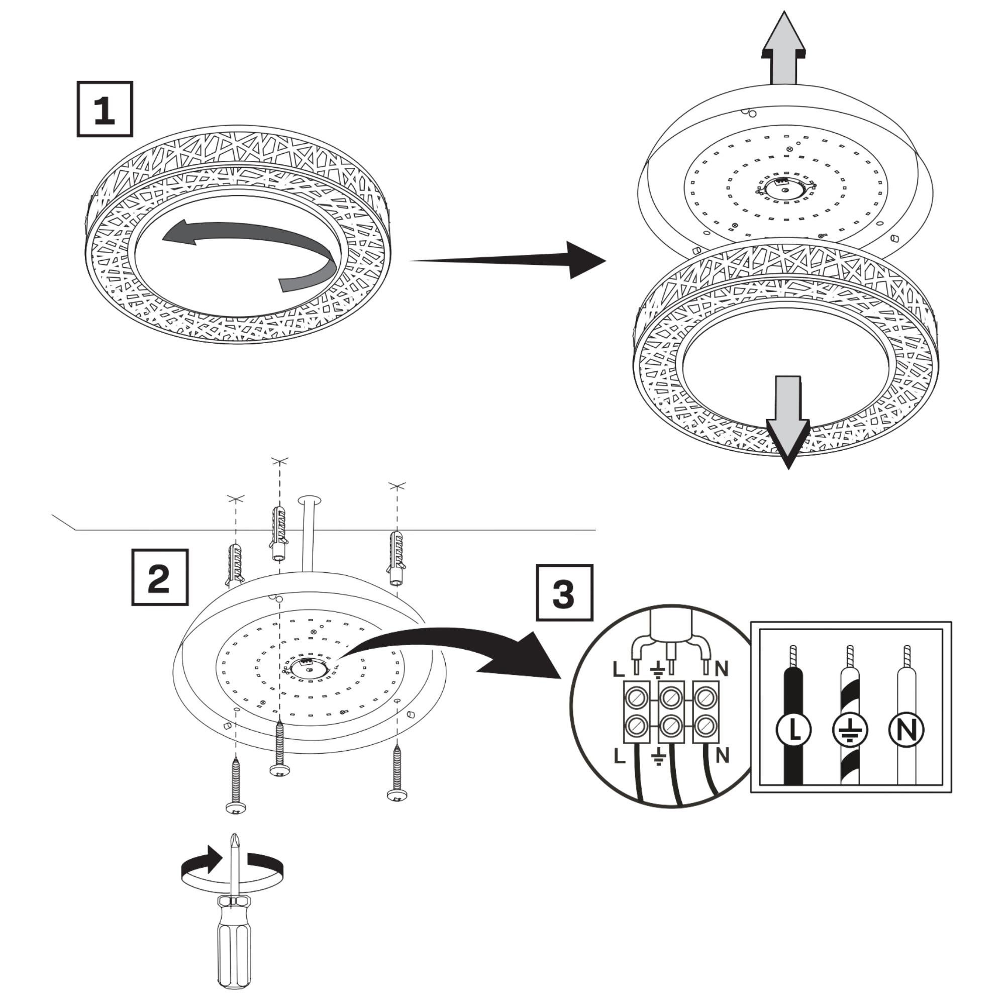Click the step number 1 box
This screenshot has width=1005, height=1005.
click(105, 109)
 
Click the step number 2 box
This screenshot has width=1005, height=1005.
click(159, 577)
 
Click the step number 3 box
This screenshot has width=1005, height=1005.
click(564, 592)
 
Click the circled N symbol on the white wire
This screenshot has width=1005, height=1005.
click(906, 730)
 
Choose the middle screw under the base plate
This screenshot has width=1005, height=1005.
click(280, 747)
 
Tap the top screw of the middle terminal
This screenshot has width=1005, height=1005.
click(671, 696)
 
